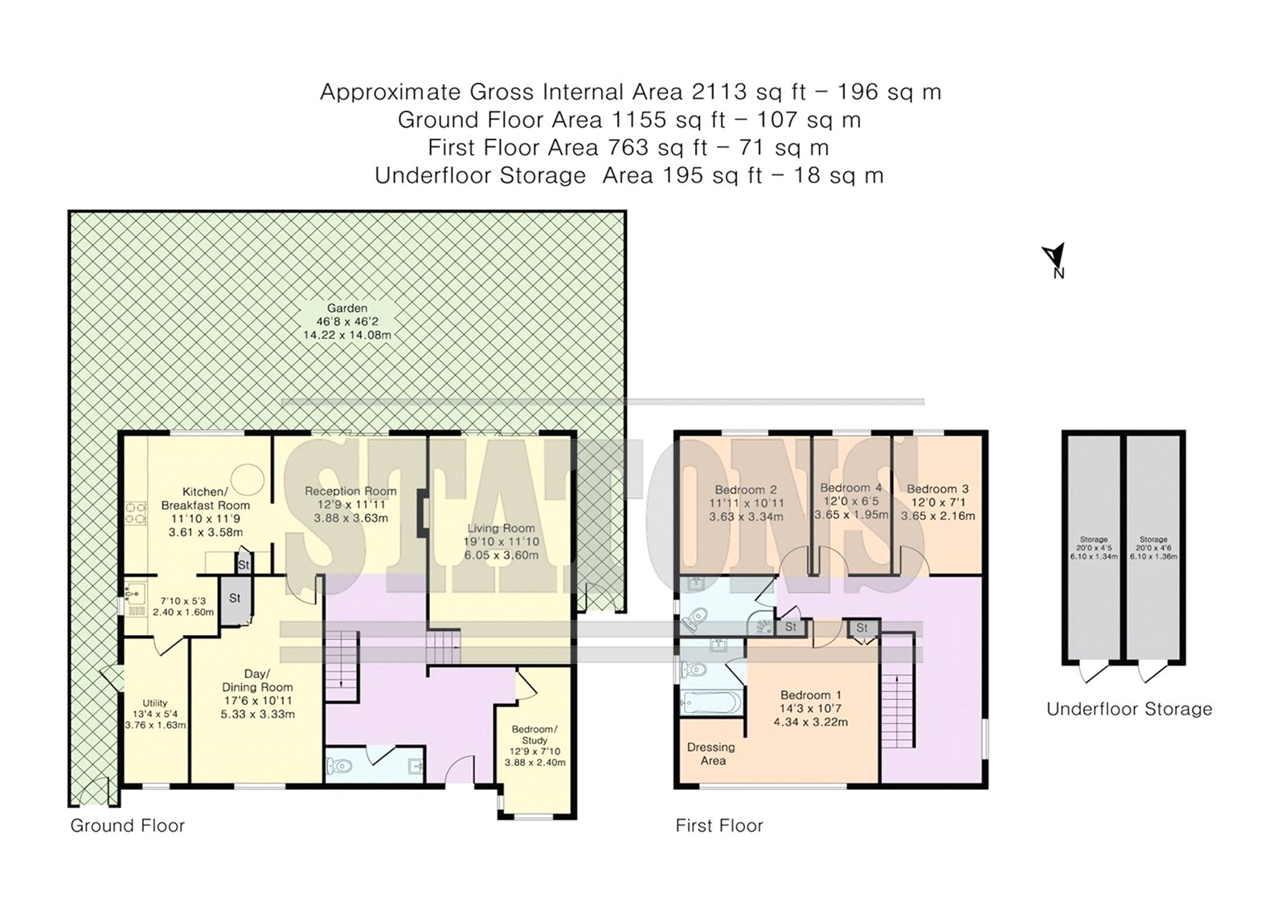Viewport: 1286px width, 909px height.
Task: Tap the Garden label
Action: (346, 308)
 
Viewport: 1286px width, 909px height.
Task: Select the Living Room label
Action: (501, 528)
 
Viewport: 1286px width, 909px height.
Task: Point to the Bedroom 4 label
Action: (851, 488)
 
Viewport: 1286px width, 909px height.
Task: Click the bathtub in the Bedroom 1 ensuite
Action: (710, 702)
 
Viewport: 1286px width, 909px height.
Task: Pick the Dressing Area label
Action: (711, 754)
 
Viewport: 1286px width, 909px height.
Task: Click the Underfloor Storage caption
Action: (1129, 709)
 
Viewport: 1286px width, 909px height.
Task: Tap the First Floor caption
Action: (719, 825)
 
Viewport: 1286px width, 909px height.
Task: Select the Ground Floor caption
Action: (128, 825)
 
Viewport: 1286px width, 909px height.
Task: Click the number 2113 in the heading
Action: (719, 92)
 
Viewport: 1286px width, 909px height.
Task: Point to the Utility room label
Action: (155, 703)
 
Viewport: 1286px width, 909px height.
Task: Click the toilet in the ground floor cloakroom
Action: (339, 765)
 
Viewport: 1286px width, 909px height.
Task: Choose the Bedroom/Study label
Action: (534, 735)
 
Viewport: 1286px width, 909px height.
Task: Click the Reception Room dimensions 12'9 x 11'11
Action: (350, 505)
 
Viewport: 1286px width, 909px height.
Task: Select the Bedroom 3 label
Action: (937, 489)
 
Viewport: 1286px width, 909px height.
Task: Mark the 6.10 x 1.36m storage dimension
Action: (1153, 556)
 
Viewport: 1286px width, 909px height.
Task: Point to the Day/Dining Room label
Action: (257, 681)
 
